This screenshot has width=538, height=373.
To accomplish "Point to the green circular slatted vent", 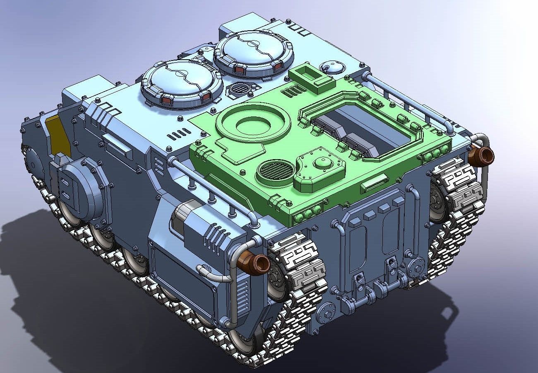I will [277, 171].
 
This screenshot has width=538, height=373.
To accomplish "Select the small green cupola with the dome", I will [319, 168].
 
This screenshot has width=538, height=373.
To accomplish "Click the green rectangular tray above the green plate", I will [312, 77].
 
